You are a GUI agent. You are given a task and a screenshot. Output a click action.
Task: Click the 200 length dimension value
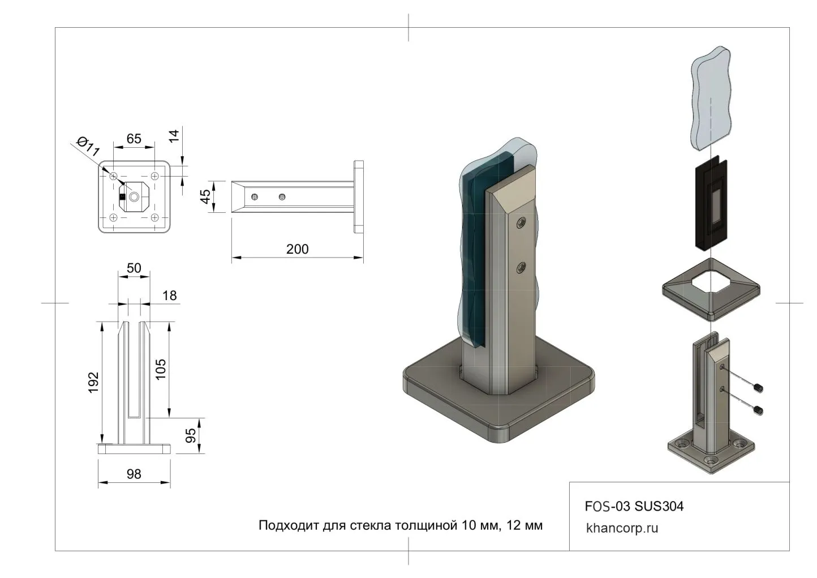[x=297, y=249]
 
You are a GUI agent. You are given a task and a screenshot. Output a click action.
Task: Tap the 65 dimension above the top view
[x=134, y=139]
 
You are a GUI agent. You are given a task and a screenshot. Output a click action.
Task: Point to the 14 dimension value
[x=175, y=135]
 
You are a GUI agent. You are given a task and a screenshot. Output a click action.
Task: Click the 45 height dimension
[x=206, y=196]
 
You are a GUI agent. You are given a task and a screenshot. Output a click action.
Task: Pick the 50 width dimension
[x=134, y=268]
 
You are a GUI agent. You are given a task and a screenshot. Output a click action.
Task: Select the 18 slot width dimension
[x=169, y=295]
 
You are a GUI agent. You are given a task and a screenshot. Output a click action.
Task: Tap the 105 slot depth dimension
[x=161, y=370]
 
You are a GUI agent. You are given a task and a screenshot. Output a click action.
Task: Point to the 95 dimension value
[x=191, y=435]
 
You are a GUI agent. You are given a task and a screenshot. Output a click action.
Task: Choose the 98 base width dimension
[x=134, y=474]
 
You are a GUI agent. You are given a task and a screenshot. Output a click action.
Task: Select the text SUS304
[x=659, y=506]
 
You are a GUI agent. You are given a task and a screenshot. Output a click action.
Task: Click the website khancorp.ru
[x=622, y=528]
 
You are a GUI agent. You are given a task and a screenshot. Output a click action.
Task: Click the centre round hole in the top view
[x=134, y=196]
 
